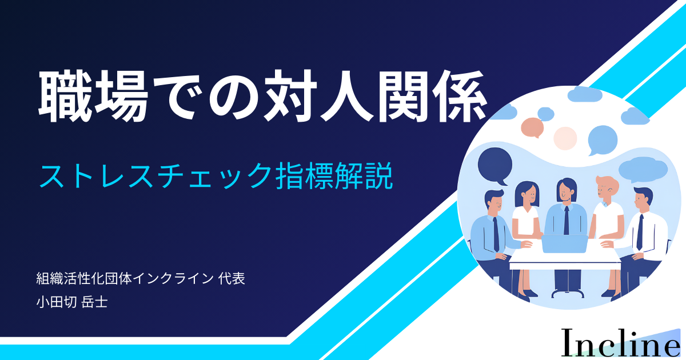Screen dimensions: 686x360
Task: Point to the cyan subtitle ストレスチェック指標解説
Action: click(216, 176)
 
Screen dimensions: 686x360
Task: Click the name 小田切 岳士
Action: click(72, 302)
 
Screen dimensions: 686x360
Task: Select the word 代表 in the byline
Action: click(232, 278)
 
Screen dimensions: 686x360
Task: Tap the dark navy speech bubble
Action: click(495, 165)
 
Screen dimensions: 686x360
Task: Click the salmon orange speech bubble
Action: click(532, 127)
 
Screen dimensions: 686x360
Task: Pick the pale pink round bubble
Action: click(565, 138)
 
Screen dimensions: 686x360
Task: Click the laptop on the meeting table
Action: click(565, 243)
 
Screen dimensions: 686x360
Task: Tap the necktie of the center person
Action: click(567, 221)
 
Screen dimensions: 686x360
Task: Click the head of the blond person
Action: click(606, 189)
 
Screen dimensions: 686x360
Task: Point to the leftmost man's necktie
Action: click(496, 234)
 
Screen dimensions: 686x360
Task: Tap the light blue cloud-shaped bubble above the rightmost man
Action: click(643, 170)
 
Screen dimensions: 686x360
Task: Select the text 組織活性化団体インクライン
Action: click(125, 278)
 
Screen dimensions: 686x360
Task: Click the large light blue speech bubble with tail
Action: click(602, 140)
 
